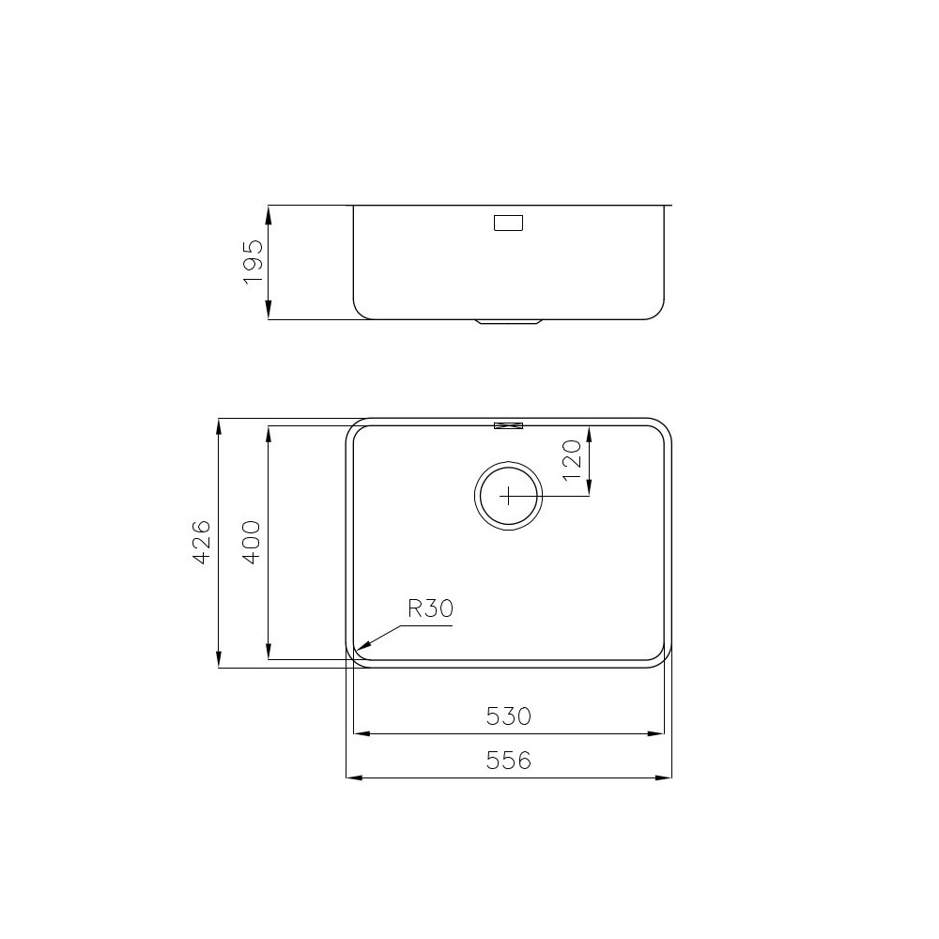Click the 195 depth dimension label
pos(253,263)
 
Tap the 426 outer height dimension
pos(200,544)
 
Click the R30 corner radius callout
pos(430,608)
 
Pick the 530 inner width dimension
pos(509,716)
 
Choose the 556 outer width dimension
pos(509,761)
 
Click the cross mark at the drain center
pos(508,495)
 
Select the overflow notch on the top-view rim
pos(508,425)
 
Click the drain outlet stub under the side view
pos(509,322)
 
